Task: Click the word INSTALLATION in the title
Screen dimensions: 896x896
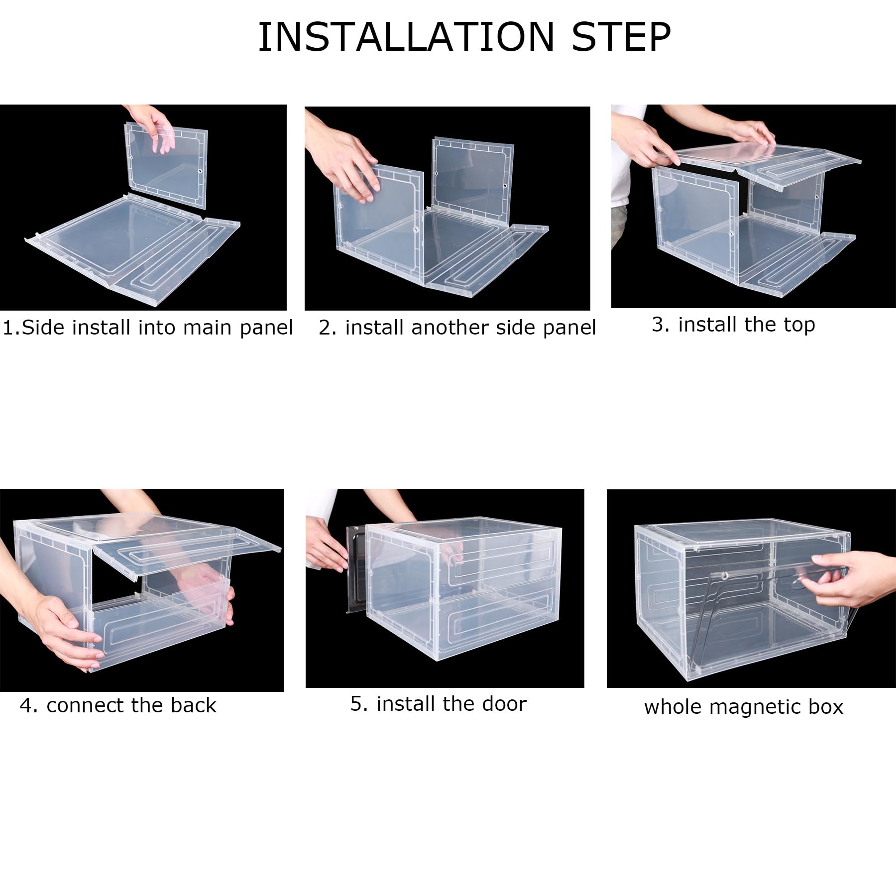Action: (x=406, y=37)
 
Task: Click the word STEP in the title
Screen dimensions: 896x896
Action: (x=621, y=37)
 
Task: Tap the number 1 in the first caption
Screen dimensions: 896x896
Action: (x=8, y=328)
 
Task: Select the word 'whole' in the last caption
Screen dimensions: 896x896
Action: (x=672, y=707)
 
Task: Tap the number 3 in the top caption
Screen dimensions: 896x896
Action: (x=658, y=325)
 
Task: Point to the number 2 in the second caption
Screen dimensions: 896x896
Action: (x=325, y=328)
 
